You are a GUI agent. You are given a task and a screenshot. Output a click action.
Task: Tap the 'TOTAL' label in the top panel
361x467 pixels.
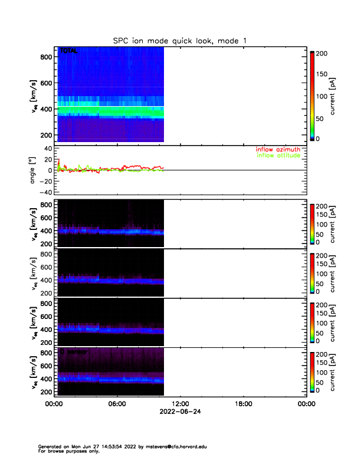pos(68,52)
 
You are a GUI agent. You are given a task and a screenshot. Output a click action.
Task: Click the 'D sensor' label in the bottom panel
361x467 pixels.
pos(74,352)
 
